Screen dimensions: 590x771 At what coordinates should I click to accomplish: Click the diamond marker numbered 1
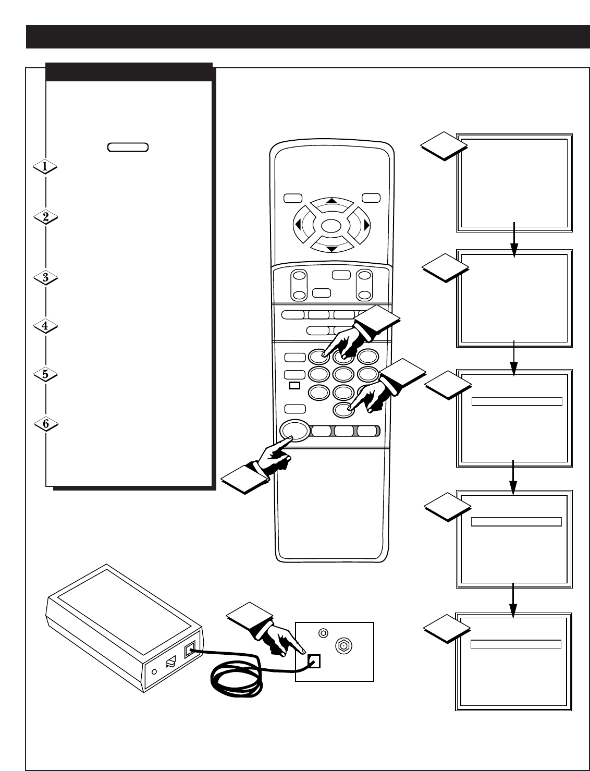coord(45,166)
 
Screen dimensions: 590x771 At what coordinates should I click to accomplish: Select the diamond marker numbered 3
coord(45,278)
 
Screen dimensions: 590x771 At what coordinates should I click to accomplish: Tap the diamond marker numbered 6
coord(46,424)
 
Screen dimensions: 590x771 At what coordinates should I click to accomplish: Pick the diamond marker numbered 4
coord(45,326)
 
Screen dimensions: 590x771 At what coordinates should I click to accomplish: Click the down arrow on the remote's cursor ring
coord(332,249)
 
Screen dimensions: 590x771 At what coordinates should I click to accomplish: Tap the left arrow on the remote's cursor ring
coord(298,225)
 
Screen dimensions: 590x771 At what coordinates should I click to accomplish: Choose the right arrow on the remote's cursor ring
coord(366,225)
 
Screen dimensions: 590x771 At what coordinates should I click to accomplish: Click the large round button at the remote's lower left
coord(294,431)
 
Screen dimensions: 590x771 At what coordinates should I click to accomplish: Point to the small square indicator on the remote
coord(294,386)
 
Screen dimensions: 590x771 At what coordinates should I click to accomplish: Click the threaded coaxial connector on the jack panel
coord(343,645)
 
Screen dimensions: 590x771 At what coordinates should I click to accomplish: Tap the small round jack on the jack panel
coord(323,633)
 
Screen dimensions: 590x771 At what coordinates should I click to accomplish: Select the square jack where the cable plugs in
coord(314,661)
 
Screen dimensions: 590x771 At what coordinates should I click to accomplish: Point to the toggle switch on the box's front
coord(170,662)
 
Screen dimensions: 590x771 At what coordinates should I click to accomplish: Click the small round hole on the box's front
coord(154,672)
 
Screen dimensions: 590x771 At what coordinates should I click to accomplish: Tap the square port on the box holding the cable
coord(190,649)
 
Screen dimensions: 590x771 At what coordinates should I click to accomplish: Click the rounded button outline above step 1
coord(128,147)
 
